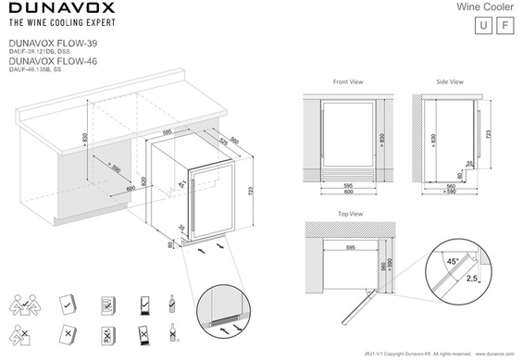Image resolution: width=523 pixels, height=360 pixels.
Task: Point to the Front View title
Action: pyautogui.click(x=348, y=82)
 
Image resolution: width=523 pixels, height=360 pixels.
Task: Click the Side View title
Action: pyautogui.click(x=450, y=82)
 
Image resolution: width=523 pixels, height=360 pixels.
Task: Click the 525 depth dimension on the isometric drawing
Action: pyautogui.click(x=223, y=143)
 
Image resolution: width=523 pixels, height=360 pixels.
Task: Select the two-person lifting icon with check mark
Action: pyautogui.click(x=26, y=304)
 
